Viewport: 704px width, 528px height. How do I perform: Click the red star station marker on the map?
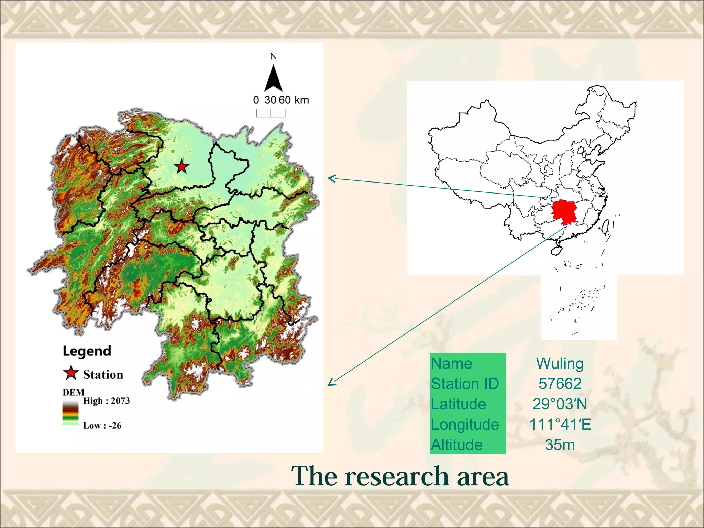[x=181, y=167]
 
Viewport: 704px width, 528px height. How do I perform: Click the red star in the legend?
[x=71, y=373]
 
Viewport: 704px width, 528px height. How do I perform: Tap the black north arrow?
[x=273, y=79]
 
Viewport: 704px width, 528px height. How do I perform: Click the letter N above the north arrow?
[x=273, y=56]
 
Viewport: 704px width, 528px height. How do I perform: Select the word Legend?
[x=87, y=351]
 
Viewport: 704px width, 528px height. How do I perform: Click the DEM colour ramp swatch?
[x=70, y=413]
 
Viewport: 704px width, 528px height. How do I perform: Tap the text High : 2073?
[x=106, y=401]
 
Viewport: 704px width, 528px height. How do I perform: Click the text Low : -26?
[x=102, y=426]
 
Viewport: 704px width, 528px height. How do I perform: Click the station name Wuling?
[x=560, y=364]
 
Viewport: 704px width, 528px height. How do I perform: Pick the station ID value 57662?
[x=560, y=384]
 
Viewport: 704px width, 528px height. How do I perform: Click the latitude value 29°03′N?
[x=560, y=404]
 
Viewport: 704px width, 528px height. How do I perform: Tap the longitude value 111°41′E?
[x=560, y=425]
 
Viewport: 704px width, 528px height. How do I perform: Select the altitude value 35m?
[x=560, y=445]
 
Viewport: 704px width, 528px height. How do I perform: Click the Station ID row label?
[x=465, y=384]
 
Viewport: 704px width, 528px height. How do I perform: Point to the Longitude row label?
[x=465, y=425]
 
